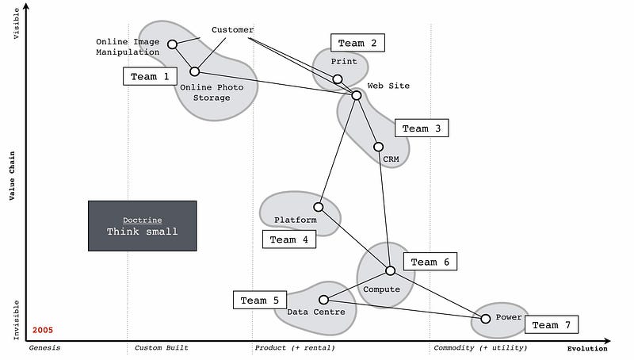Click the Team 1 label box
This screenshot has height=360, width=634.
pyautogui.click(x=150, y=76)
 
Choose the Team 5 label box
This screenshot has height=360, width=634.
pyautogui.click(x=260, y=301)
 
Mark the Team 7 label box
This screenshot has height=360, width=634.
pyautogui.click(x=551, y=325)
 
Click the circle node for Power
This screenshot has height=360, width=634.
pyautogui.click(x=486, y=319)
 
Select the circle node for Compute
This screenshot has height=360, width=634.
pyautogui.click(x=390, y=270)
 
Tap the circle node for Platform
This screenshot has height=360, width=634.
pyautogui.click(x=319, y=207)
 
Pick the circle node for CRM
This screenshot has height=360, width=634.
pyautogui.click(x=378, y=147)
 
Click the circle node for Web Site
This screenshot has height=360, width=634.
pyautogui.click(x=357, y=96)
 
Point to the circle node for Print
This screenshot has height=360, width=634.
pyautogui.click(x=338, y=79)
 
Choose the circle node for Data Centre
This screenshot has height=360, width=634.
pyautogui.click(x=323, y=300)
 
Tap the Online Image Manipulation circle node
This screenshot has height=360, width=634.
pyautogui.click(x=173, y=44)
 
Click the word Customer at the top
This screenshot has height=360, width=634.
pyautogui.click(x=232, y=30)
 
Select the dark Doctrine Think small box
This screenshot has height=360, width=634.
pyautogui.click(x=142, y=225)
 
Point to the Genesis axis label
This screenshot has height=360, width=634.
pyautogui.click(x=44, y=348)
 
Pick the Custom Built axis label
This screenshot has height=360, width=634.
pyautogui.click(x=162, y=348)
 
